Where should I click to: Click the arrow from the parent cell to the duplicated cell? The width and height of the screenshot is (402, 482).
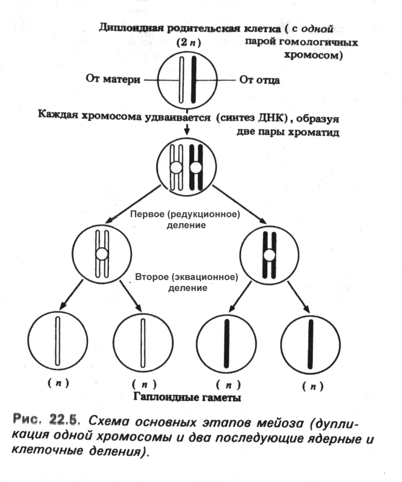187,128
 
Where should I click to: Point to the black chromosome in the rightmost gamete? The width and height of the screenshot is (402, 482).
311,342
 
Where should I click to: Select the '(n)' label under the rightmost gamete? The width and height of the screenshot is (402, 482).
312,386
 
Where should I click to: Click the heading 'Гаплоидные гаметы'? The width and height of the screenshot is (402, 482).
186,397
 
